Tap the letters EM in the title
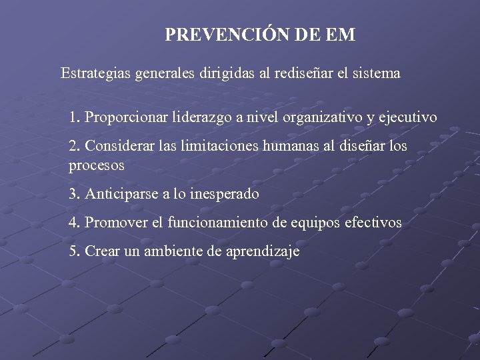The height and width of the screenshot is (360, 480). point(342,35)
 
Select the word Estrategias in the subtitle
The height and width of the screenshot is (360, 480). point(95,73)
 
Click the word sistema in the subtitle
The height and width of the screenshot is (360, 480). point(376,73)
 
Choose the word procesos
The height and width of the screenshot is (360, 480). point(96,165)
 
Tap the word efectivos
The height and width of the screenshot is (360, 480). point(375,223)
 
